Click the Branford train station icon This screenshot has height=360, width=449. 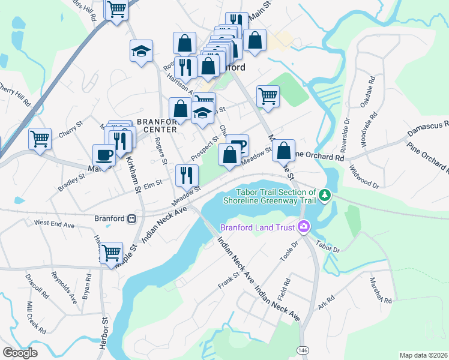coord(131,219)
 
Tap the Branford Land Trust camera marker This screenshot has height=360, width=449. coord(304,227)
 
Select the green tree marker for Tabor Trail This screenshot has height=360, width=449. coord(325,195)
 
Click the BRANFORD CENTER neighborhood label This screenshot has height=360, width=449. coord(157,125)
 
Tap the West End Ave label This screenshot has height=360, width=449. coord(54,223)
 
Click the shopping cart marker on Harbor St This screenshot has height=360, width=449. coord(112,251)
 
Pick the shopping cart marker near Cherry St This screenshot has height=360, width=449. coord(40,139)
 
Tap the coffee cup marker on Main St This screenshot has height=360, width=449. coord(104,155)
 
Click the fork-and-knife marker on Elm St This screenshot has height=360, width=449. coord(187,175)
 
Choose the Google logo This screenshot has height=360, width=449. coord(20,353)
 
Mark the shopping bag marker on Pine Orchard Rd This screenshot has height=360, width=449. coord(284,151)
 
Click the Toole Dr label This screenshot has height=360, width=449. coord(289,251)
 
